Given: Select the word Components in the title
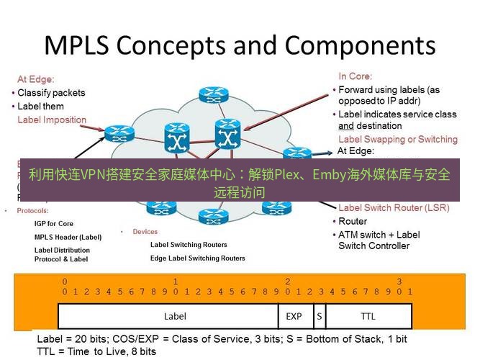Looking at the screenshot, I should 360,45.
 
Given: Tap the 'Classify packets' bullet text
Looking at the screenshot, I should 51,93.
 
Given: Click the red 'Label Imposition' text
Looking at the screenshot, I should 52,120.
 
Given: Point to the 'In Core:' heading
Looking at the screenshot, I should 356,76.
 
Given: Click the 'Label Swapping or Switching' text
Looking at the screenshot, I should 397,139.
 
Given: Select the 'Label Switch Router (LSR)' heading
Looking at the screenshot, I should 394,208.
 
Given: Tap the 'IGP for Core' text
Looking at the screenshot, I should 54,224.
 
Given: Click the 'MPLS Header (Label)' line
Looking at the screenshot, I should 68,237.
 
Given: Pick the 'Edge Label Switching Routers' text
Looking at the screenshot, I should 197,258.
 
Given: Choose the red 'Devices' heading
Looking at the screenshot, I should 145,232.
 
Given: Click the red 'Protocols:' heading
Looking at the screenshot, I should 32,211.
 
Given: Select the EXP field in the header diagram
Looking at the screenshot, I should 294,316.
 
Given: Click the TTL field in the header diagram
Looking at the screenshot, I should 368,316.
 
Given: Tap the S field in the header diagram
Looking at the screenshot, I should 319,316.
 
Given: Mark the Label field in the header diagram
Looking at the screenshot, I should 175,316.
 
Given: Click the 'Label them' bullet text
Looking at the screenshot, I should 40,107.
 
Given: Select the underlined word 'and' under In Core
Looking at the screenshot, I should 346,125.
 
